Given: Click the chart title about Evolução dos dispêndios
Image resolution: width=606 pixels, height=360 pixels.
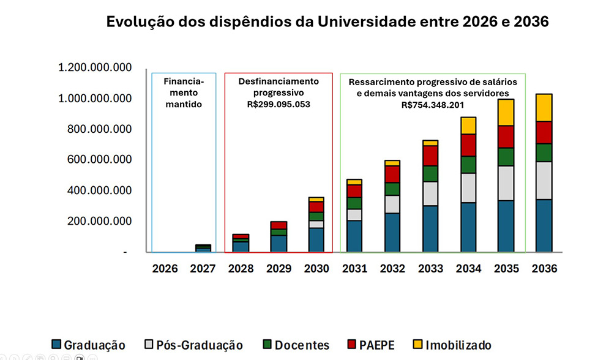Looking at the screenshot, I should click(327, 22).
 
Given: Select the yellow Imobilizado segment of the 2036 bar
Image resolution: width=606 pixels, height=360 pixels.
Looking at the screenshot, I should click(544, 108).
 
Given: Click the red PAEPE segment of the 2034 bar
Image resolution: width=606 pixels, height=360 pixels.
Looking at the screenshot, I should click(469, 145).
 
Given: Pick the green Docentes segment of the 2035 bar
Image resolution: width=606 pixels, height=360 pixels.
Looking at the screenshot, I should click(506, 157).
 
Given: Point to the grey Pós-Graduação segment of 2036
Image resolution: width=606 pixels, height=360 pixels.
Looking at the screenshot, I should click(544, 180).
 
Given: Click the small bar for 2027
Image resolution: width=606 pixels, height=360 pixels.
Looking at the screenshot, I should click(203, 248).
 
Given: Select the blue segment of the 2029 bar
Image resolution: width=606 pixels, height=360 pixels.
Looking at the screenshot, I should click(279, 244).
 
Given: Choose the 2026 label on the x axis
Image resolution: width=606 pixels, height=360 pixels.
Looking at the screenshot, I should click(165, 269).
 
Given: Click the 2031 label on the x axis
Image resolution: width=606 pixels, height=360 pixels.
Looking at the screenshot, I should click(354, 269).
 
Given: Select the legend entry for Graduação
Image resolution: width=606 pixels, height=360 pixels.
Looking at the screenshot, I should click(88, 345).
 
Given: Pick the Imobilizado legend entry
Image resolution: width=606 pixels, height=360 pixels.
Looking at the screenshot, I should click(451, 345).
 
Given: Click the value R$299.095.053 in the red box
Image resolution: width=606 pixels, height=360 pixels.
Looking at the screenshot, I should click(279, 104).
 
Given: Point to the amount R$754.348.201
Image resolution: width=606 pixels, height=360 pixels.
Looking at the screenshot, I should click(433, 104).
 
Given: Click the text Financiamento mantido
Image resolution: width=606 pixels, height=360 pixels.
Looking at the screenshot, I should click(184, 92).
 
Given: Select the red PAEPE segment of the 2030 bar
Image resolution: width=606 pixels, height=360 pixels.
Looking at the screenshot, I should click(317, 207).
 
